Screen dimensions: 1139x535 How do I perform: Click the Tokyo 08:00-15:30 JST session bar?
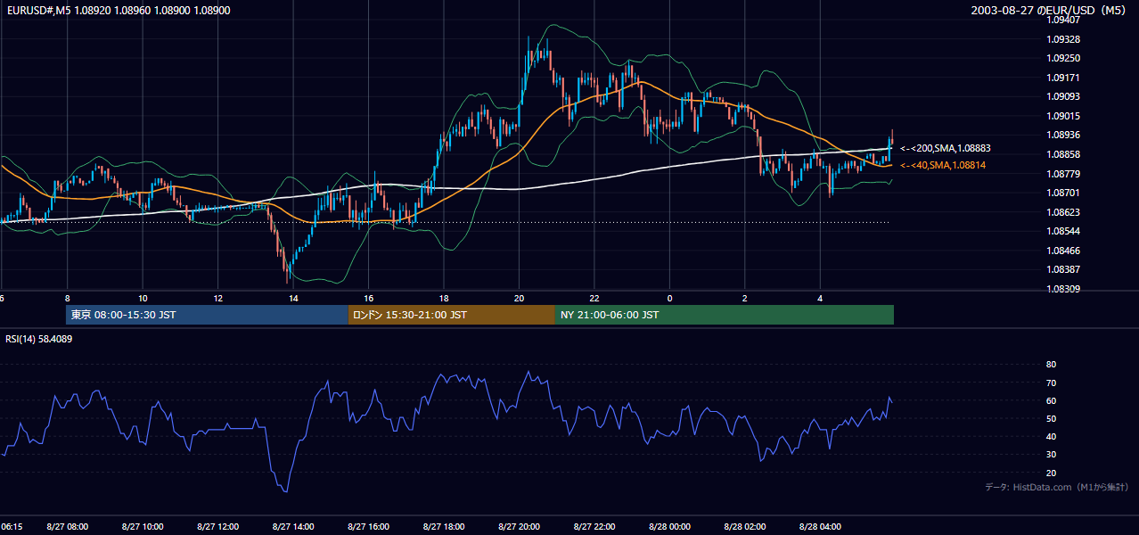(207, 315)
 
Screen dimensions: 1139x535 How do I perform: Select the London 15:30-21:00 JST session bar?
(452, 315)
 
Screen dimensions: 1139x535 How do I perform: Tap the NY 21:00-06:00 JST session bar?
(725, 315)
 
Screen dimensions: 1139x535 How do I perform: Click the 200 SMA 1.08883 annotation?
(946, 149)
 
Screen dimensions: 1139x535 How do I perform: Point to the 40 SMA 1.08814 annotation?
(943, 165)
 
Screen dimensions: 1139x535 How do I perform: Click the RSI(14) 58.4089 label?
(38, 339)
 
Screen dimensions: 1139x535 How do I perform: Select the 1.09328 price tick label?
(1063, 39)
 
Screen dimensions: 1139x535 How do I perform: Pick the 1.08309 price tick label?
(1063, 289)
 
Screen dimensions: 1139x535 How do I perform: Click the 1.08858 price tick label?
(1063, 154)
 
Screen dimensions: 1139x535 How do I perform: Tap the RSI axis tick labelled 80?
(1051, 364)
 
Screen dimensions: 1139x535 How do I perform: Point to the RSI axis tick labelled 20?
(1051, 473)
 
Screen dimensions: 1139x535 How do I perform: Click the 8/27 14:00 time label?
(293, 527)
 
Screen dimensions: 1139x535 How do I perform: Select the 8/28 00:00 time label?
(669, 527)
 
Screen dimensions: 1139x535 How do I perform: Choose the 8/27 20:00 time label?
(520, 527)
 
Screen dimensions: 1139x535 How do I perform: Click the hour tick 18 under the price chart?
(444, 299)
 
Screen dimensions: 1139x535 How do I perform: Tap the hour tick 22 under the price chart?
(594, 299)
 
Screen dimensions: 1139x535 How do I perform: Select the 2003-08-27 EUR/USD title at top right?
(1048, 10)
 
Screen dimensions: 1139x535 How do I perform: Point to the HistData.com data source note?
(1057, 487)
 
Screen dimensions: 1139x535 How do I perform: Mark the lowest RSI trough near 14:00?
(286, 491)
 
